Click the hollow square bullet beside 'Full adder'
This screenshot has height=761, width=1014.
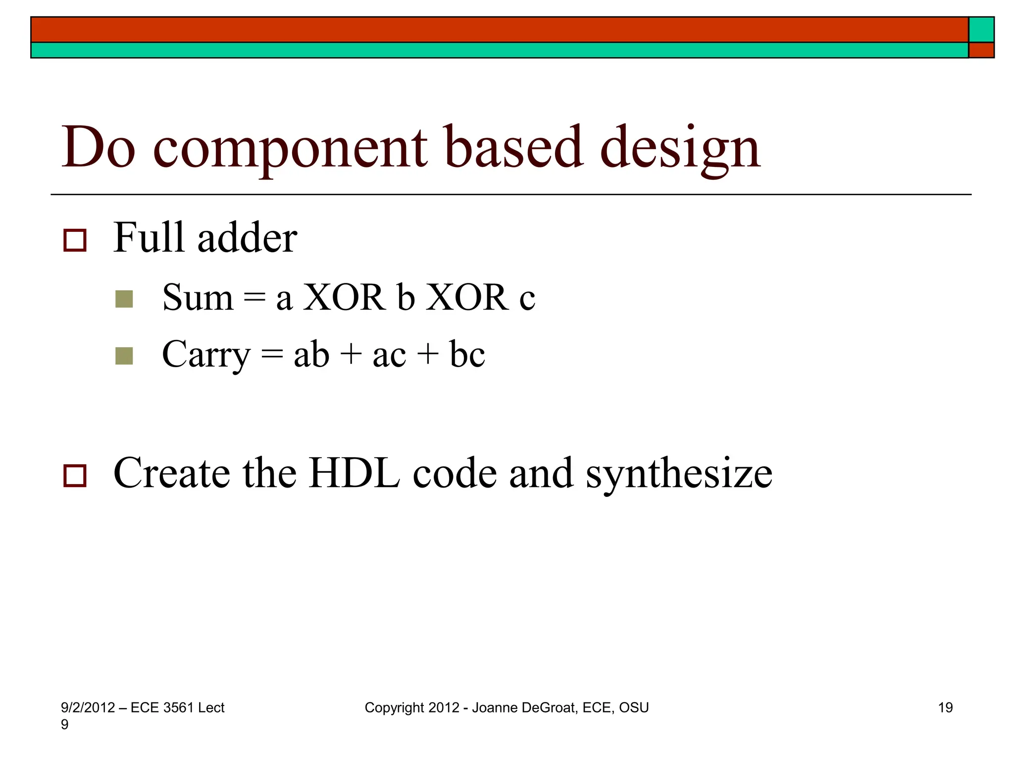pyautogui.click(x=75, y=240)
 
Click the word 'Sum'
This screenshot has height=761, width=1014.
pyautogui.click(x=198, y=298)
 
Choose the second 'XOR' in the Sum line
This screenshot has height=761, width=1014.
pyautogui.click(x=467, y=298)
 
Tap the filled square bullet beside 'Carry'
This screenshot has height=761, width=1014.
pyautogui.click(x=124, y=356)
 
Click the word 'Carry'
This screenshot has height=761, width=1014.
pyautogui.click(x=206, y=355)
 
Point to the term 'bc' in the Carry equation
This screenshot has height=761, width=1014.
pyautogui.click(x=467, y=355)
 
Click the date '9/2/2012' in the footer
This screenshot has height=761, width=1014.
pyautogui.click(x=88, y=707)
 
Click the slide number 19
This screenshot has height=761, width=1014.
pyautogui.click(x=945, y=707)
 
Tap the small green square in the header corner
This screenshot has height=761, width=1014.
pyautogui.click(x=981, y=30)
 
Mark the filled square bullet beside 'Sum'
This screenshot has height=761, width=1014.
pyautogui.click(x=124, y=299)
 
